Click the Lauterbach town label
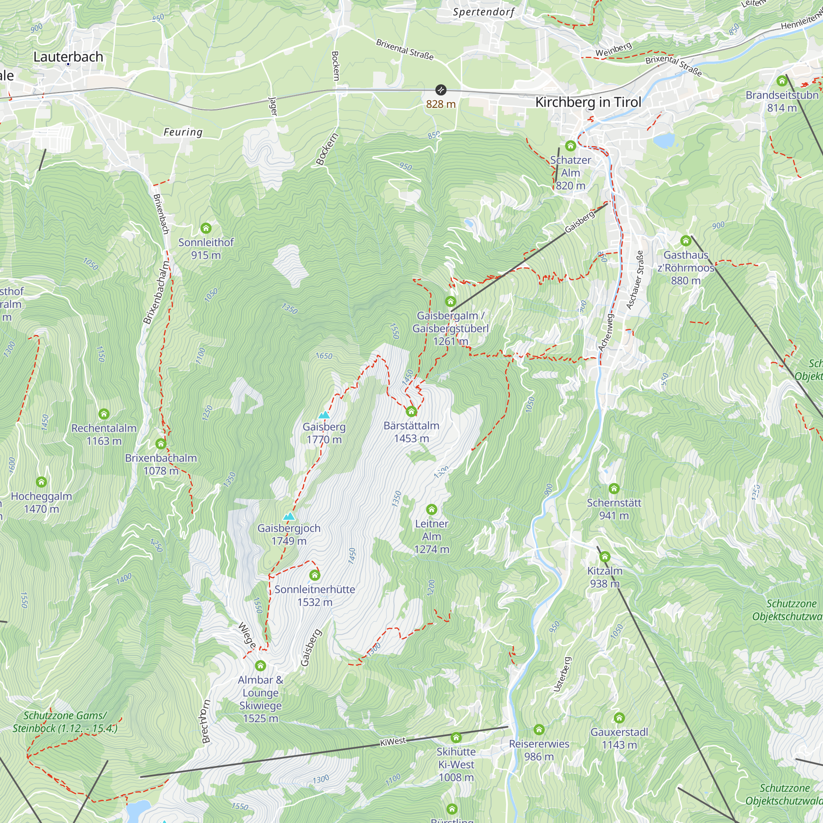pos(68,57)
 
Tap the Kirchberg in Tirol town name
pos(588,102)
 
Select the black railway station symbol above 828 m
pos(440,90)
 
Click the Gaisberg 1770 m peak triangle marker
pos(324,415)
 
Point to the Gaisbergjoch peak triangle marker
pos(289,516)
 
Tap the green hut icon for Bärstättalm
pos(411,411)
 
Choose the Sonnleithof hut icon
pos(206,228)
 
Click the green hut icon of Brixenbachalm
pos(160,444)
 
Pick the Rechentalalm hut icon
pos(104,414)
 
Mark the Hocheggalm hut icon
pos(41,482)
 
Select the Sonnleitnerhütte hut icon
pos(315,576)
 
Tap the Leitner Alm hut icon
pos(432,509)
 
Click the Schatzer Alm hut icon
pos(570,146)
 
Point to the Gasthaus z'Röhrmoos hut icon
pos(686,241)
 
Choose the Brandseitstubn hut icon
pos(782,81)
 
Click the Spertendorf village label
pos(484,12)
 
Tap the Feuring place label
pos(183,132)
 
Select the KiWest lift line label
pos(393,742)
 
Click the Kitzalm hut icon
pos(605,557)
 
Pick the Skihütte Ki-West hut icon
pos(456,737)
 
